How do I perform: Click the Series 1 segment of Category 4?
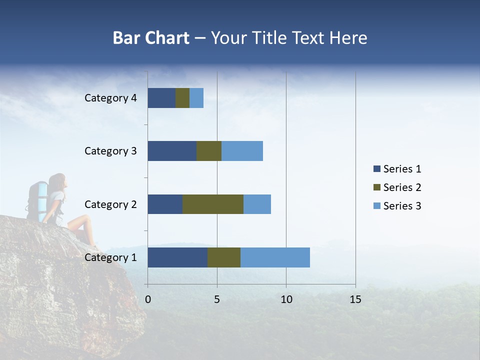pyautogui.click(x=161, y=98)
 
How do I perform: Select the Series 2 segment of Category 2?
pyautogui.click(x=213, y=204)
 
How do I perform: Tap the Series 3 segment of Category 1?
pyautogui.click(x=275, y=257)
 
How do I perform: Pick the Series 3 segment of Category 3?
pyautogui.click(x=242, y=151)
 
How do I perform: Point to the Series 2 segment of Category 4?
pyautogui.click(x=182, y=98)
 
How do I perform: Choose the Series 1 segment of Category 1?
pyautogui.click(x=177, y=257)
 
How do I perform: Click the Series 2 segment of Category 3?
pyautogui.click(x=209, y=151)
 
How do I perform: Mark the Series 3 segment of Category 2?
pyautogui.click(x=257, y=204)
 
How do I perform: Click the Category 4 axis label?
pyautogui.click(x=110, y=98)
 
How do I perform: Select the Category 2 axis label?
pyautogui.click(x=110, y=204)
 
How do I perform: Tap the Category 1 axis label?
pyautogui.click(x=110, y=257)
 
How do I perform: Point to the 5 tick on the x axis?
pyautogui.click(x=217, y=299)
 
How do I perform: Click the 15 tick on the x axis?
pyautogui.click(x=355, y=299)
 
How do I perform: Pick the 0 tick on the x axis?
pyautogui.click(x=148, y=299)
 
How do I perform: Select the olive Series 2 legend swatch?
pyautogui.click(x=376, y=187)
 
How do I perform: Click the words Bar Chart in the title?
pyautogui.click(x=151, y=38)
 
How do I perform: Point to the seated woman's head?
pyautogui.click(x=58, y=181)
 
